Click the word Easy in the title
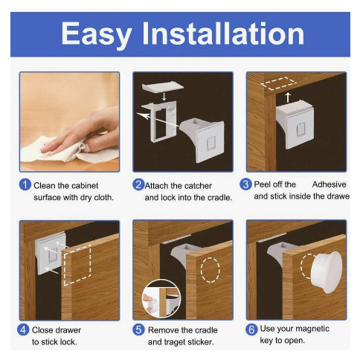(97, 35)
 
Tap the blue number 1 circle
(25, 185)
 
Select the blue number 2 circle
(138, 184)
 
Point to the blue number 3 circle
(245, 184)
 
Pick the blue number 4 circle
(23, 330)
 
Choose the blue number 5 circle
(138, 330)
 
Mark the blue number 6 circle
(251, 330)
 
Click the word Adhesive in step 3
(329, 184)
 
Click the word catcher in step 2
(199, 186)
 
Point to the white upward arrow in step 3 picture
(288, 97)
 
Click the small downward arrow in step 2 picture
(164, 97)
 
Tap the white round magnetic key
(326, 272)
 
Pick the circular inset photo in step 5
(161, 298)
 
